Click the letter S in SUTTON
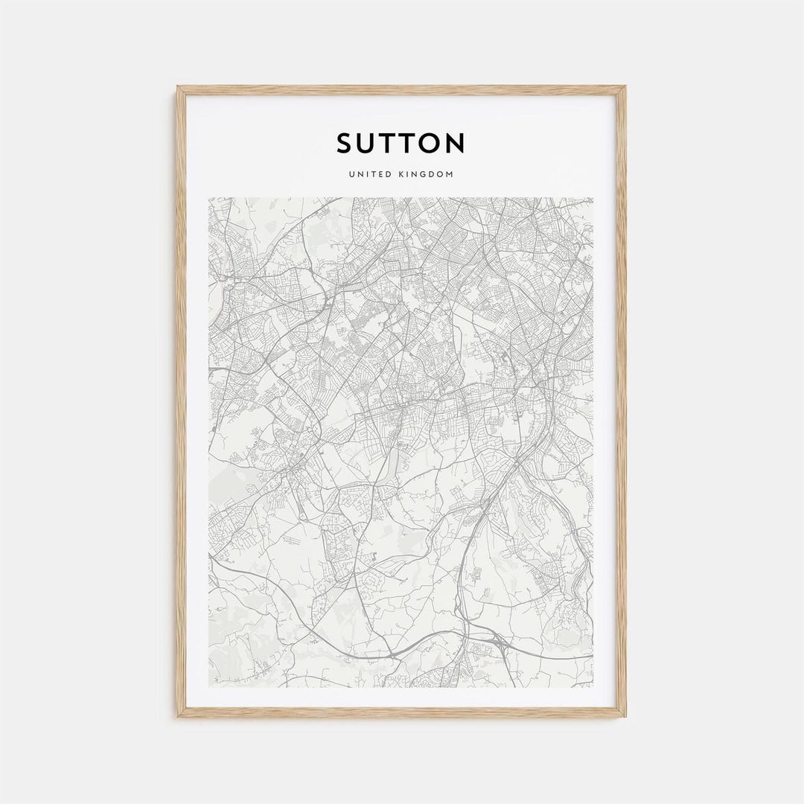pos(345,143)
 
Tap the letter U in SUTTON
pos(368,143)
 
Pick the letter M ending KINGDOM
pos(450,174)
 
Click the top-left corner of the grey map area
pos(209,198)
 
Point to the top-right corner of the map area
pos(593,198)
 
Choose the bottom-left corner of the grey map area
pos(209,686)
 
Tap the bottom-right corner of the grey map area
pos(593,686)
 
